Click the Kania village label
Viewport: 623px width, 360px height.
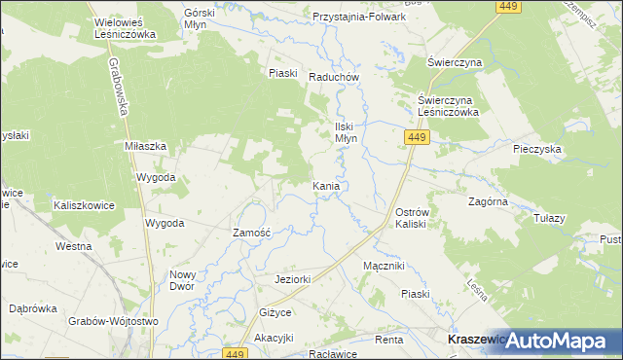326,185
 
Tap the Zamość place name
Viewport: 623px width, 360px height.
257,234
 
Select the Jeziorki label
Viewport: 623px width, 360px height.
292,280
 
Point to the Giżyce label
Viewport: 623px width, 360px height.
275,313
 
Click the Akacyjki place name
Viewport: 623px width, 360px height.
274,338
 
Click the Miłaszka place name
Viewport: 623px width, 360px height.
146,146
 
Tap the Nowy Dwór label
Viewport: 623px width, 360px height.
184,280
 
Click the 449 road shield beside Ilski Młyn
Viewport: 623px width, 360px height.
416,139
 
